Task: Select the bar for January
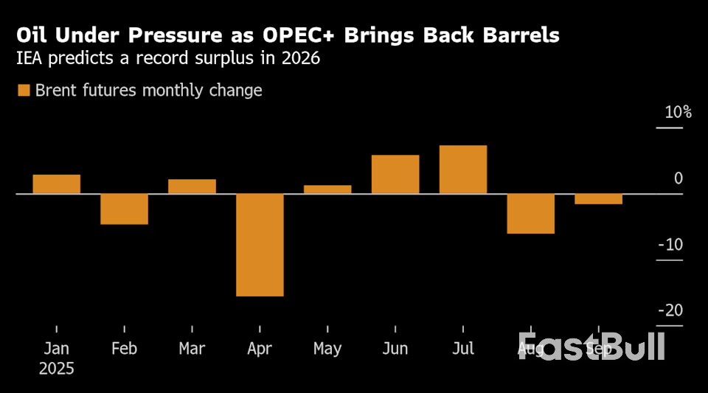coord(56,184)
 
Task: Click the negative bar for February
coord(124,209)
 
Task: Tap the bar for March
coord(192,187)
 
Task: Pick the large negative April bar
coord(260,245)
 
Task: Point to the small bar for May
coord(327,189)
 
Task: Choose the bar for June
coord(395,175)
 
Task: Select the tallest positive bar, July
coord(463,170)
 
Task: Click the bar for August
coord(531,214)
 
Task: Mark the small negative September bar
coord(598,199)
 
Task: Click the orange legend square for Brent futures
coord(24,91)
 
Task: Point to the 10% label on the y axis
coord(678,113)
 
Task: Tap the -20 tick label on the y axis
coord(670,310)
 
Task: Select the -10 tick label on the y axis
coord(670,245)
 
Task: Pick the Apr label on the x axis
coord(260,348)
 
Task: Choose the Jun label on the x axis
coord(395,348)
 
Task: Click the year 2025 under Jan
coord(56,369)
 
